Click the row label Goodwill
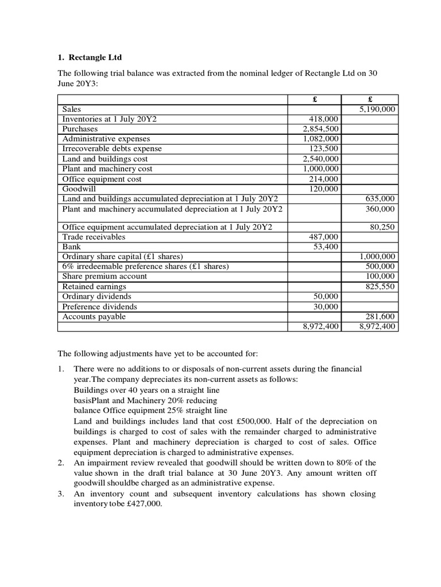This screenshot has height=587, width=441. (80, 189)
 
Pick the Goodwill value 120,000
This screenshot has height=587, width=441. (324, 189)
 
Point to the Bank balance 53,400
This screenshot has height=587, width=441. (326, 246)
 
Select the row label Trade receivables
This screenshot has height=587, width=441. (94, 237)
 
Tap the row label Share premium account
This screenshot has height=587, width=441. (105, 276)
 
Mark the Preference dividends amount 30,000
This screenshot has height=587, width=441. (326, 307)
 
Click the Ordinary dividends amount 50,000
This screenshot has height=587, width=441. (326, 296)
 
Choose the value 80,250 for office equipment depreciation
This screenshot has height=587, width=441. (382, 227)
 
